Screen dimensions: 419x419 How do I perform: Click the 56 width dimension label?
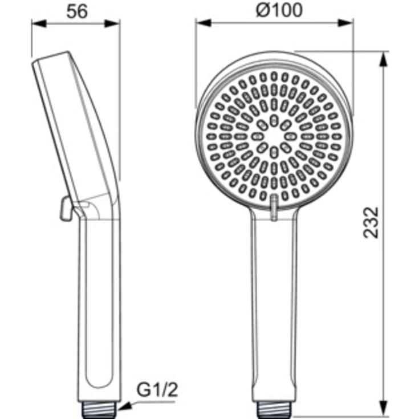76,11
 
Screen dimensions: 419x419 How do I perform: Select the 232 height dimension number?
371,223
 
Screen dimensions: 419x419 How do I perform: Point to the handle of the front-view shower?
274,308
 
